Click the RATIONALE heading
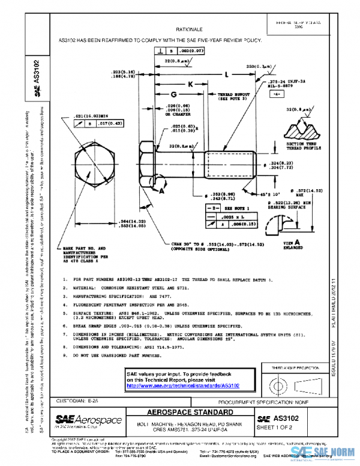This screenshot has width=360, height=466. (x=189, y=29)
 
